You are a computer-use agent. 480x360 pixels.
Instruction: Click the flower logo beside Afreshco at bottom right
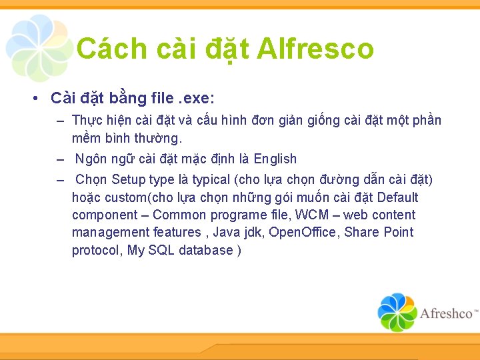click(397, 312)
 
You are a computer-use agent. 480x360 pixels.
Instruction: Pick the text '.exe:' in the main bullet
click(196, 99)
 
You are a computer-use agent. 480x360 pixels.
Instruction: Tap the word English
click(275, 159)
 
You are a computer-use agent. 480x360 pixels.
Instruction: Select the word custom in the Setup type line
click(131, 197)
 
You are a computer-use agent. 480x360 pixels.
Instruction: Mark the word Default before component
click(398, 197)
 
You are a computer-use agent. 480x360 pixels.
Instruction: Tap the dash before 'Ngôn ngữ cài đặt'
click(60, 159)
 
